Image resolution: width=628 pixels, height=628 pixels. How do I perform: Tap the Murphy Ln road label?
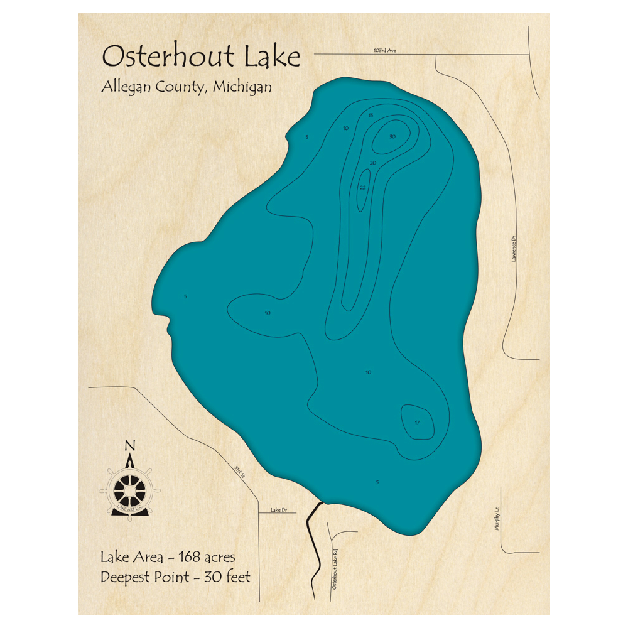496,519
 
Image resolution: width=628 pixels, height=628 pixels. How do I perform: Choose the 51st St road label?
239,473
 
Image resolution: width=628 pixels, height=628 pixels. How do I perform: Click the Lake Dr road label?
278,509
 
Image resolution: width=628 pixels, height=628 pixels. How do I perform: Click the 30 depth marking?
392,136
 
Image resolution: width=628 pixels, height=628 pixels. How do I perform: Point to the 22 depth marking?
363,187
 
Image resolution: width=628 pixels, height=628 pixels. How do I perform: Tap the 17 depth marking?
417,423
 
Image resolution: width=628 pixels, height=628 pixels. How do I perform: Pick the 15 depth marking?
371,116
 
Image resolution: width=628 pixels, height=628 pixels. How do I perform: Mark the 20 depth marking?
373,163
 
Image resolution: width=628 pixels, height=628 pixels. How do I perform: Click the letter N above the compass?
131,447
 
